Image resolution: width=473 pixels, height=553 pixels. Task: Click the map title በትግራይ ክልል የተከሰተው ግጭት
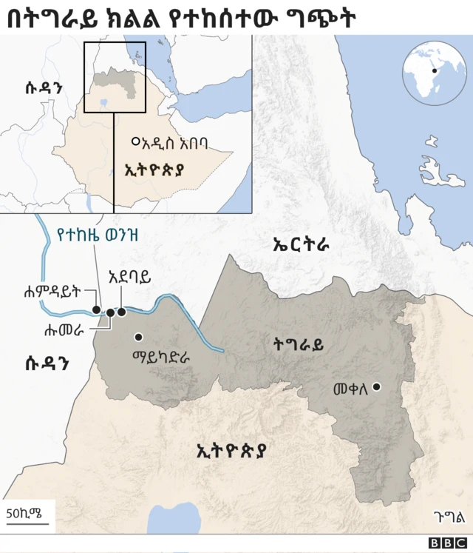[x=181, y=18]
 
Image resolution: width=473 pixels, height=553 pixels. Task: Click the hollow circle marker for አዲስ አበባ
[x=135, y=141]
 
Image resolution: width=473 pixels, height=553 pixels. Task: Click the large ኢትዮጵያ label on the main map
[x=231, y=449]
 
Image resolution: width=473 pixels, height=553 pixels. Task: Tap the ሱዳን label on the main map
[x=47, y=361]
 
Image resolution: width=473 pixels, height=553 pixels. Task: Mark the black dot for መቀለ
[x=377, y=386]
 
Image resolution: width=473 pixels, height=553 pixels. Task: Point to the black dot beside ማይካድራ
[x=137, y=337]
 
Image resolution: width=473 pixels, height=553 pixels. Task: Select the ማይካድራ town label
[x=160, y=355]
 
